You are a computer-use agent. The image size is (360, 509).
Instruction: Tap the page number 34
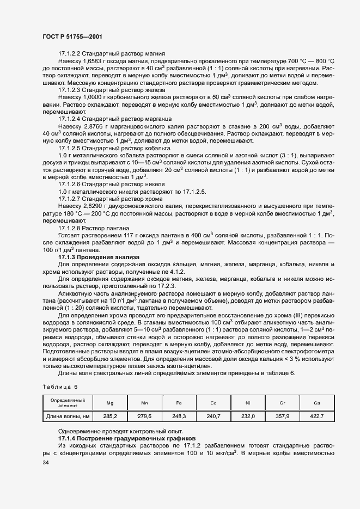pyautogui.click(x=45, y=463)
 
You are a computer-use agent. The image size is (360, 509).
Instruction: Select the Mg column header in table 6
pyautogui.click(x=109, y=403)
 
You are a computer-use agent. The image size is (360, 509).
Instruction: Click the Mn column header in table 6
pyautogui.click(x=144, y=403)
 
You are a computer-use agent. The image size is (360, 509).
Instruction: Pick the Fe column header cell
pyautogui.click(x=179, y=403)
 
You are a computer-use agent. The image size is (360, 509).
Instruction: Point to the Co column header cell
pyautogui.click(x=213, y=403)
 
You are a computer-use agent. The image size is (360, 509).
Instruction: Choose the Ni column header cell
pyautogui.click(x=248, y=403)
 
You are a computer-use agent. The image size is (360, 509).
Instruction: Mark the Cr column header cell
pyautogui.click(x=282, y=403)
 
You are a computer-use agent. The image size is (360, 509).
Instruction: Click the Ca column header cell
pyautogui.click(x=316, y=403)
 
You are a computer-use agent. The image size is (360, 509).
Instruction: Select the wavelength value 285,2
pyautogui.click(x=109, y=416)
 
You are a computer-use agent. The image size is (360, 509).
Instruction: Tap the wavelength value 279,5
pyautogui.click(x=144, y=416)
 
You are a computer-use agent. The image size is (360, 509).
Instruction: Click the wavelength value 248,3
pyautogui.click(x=179, y=416)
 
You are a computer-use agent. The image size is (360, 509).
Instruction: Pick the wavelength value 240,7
pyautogui.click(x=213, y=416)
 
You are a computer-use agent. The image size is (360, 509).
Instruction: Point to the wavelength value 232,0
pyautogui.click(x=248, y=416)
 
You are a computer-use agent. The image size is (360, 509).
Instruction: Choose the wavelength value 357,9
pyautogui.click(x=282, y=416)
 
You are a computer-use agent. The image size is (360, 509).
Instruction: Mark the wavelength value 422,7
pyautogui.click(x=316, y=416)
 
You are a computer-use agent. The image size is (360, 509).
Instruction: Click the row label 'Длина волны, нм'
pyautogui.click(x=68, y=416)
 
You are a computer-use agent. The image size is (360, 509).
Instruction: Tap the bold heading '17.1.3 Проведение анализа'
pyautogui.click(x=99, y=256)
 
